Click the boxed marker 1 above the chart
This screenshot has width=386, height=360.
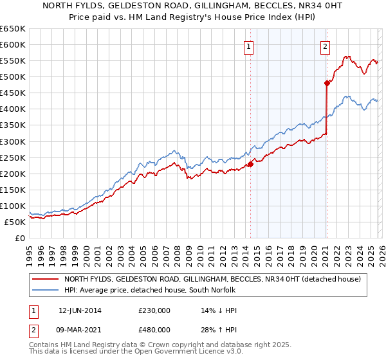tap(248, 46)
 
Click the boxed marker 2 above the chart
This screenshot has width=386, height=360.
tap(326, 46)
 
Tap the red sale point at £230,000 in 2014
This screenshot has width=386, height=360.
tap(250, 164)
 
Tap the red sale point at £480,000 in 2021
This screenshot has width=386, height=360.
tap(327, 83)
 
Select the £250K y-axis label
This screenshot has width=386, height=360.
tap(13, 157)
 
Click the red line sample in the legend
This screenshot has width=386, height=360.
tap(46, 279)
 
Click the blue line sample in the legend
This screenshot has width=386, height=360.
tap(46, 290)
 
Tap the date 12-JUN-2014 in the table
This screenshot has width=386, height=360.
tap(80, 309)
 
